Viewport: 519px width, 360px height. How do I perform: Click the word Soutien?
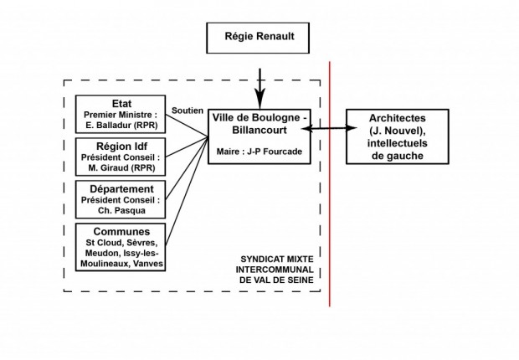186,110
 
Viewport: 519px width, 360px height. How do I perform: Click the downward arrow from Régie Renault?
259,84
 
